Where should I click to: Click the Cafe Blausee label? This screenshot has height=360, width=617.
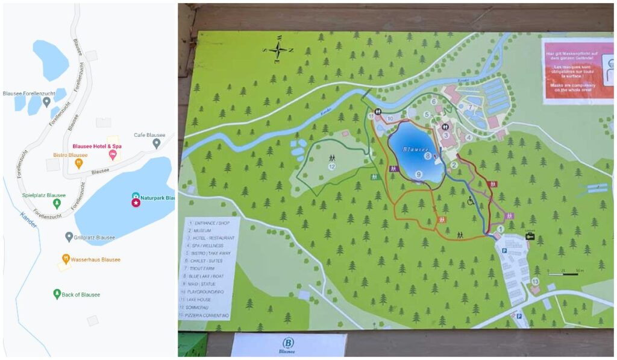(x=149, y=135)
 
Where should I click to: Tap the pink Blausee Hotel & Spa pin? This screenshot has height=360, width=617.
(x=112, y=156)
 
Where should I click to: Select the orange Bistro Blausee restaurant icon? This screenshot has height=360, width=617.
(x=78, y=163)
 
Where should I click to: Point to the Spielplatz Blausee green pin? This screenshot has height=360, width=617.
(x=57, y=204)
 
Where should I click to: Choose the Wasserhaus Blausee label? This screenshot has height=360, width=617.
(x=95, y=260)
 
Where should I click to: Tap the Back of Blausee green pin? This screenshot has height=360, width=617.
(x=57, y=294)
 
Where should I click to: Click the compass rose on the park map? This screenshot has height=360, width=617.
(x=278, y=50)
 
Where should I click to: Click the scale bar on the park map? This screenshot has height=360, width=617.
(x=563, y=274)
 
